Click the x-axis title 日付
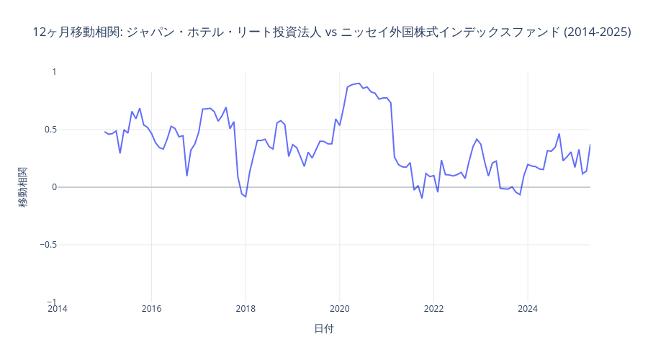pyautogui.click(x=324, y=328)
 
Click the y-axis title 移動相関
pyautogui.click(x=24, y=187)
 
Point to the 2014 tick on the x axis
pyautogui.click(x=58, y=310)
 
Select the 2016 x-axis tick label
pyautogui.click(x=151, y=310)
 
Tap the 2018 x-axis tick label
pyautogui.click(x=246, y=310)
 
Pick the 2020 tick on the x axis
pyautogui.click(x=339, y=310)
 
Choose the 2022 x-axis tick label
pyautogui.click(x=433, y=310)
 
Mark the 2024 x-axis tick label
pyautogui.click(x=527, y=310)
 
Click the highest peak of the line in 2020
pyautogui.click(x=359, y=84)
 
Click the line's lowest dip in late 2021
pyautogui.click(x=422, y=198)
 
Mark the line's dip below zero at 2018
pyautogui.click(x=246, y=197)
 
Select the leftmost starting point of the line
pyautogui.click(x=104, y=132)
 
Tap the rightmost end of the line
pyautogui.click(x=590, y=145)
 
